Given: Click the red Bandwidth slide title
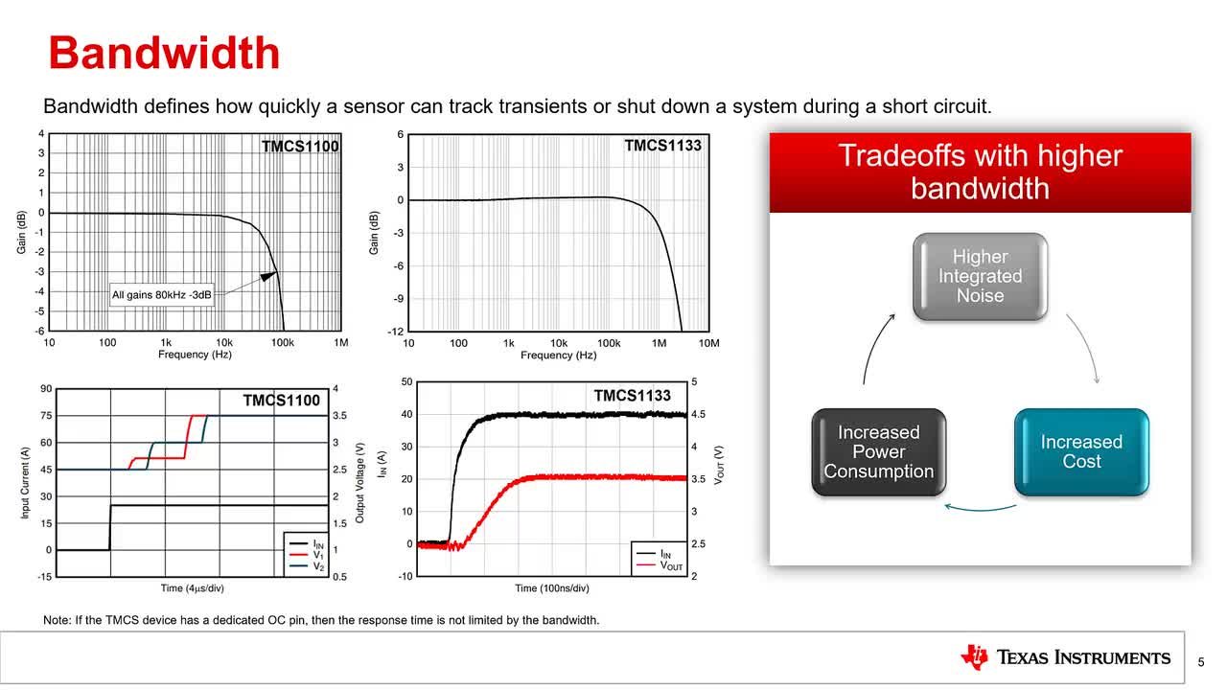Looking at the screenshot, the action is tap(164, 53).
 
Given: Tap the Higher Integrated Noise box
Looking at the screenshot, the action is tap(980, 277).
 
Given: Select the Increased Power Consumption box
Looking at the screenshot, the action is tap(879, 452).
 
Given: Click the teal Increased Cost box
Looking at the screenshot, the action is tap(1081, 452).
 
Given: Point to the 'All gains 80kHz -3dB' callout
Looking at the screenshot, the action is tap(162, 294).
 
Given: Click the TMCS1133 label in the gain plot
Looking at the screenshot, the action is tap(662, 146).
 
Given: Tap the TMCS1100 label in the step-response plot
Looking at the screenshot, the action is tap(282, 401).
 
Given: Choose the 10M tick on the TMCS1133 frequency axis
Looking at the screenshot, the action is tap(708, 343).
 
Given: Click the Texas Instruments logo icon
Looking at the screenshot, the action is tap(974, 656).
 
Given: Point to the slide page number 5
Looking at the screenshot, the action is tap(1201, 662).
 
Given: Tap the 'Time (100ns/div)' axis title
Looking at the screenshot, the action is tap(551, 588).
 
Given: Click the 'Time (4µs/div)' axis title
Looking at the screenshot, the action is tap(193, 588).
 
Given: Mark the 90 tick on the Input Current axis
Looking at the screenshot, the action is tap(46, 389).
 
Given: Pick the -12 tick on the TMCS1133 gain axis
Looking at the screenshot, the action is tap(396, 332).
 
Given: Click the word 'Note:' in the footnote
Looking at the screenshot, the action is tap(57, 620).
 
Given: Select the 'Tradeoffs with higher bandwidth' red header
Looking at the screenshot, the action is tap(980, 172).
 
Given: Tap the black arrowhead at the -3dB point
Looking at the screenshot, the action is tap(268, 276).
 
